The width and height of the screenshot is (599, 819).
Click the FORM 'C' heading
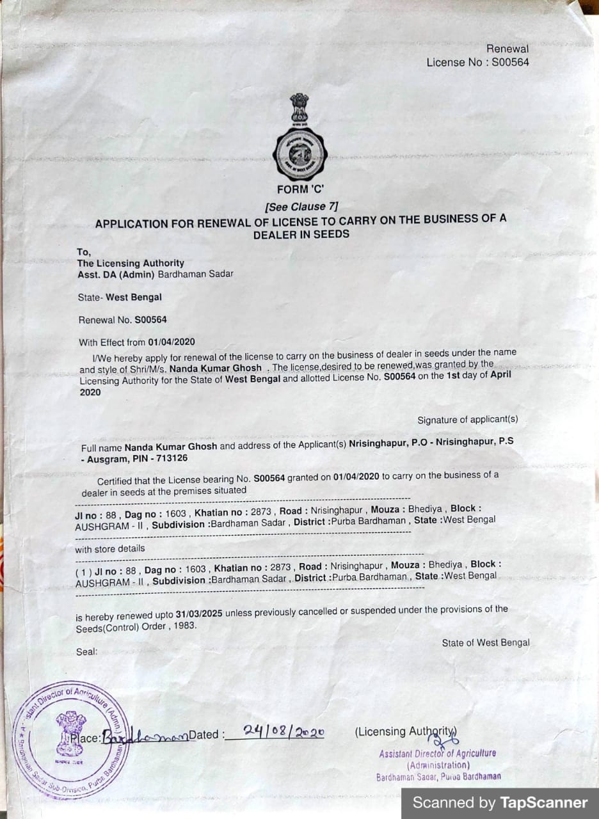301,189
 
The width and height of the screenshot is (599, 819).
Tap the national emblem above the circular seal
299,109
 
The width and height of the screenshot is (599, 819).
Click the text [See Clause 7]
301,206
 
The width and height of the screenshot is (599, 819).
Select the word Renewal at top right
507,49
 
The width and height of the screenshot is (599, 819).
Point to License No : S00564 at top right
477,62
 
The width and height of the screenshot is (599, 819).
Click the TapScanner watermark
500,802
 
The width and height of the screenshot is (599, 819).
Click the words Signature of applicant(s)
468,420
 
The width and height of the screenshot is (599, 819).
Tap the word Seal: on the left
86,651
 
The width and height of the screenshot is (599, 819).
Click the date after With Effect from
171,342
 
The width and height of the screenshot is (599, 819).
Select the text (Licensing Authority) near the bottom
406,731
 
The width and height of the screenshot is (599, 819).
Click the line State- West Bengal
120,298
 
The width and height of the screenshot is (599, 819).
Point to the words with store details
110,548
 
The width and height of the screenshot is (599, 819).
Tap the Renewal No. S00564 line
122,319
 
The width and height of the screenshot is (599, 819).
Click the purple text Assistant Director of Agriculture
437,754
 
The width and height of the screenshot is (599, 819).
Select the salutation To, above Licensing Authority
84,252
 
